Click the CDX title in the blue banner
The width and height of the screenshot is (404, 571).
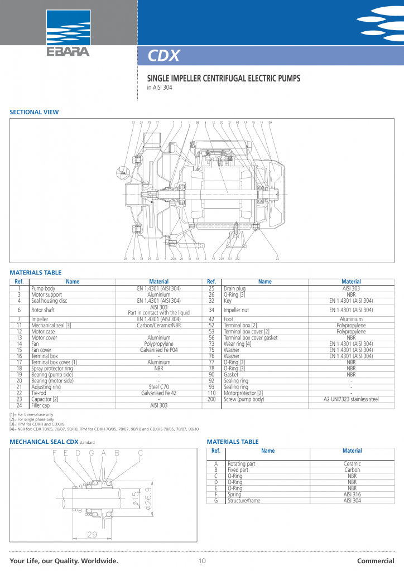pos(163,56)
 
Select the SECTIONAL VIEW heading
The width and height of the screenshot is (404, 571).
pos(34,112)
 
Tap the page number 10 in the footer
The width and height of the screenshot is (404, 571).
pos(202,560)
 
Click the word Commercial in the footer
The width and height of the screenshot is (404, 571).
pos(376,560)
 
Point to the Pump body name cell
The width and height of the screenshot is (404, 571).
pos(43,288)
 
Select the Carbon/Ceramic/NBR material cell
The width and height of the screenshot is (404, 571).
pos(158,325)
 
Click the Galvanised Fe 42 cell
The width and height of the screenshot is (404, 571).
pos(158,393)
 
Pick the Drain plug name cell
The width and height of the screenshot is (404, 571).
pos(234,288)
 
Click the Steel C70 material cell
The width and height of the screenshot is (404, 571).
pos(158,386)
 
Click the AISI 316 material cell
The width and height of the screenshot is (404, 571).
pos(352,495)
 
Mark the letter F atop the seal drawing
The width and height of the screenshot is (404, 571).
pos(55,453)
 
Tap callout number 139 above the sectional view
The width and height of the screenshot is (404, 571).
pos(270,122)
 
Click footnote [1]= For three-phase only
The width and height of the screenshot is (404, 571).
pos(32,415)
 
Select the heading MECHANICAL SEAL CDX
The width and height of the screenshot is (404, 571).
pos(44,442)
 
